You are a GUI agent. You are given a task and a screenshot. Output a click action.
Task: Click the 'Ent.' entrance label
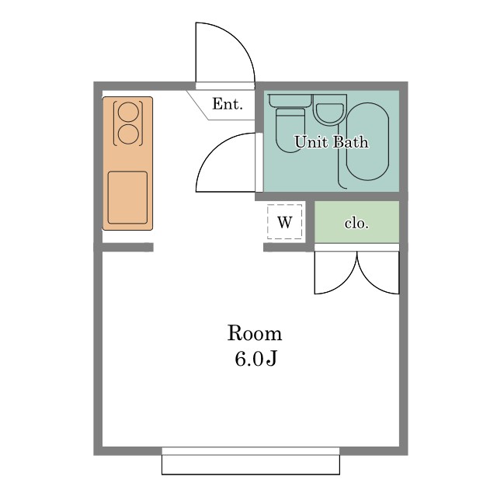pos(228,104)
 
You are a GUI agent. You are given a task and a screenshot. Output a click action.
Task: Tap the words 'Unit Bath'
pos(332,142)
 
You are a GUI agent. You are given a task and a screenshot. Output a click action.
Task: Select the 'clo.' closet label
pos(356,224)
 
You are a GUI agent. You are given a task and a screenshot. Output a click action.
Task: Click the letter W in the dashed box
pos(285,222)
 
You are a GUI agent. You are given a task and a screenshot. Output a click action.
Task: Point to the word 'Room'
pos(255,333)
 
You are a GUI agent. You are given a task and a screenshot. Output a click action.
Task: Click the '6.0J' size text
pos(255,359)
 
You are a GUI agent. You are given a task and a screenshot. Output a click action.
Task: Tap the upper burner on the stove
pos(128,112)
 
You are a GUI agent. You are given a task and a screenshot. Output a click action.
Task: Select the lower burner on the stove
pos(128,134)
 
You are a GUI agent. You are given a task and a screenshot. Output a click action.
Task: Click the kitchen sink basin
pos(127,197)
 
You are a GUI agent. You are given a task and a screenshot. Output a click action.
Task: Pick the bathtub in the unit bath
pos(367,141)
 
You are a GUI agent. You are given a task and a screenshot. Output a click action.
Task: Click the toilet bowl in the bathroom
pos(290,130)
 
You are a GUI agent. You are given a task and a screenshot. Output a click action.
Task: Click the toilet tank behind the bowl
pos(290,100)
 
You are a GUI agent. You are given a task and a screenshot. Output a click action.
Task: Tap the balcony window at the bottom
pos(251,461)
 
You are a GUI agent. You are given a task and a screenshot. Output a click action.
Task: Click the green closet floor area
pos(356,221)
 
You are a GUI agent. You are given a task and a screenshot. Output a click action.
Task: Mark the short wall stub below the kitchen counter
pos(127,247)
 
